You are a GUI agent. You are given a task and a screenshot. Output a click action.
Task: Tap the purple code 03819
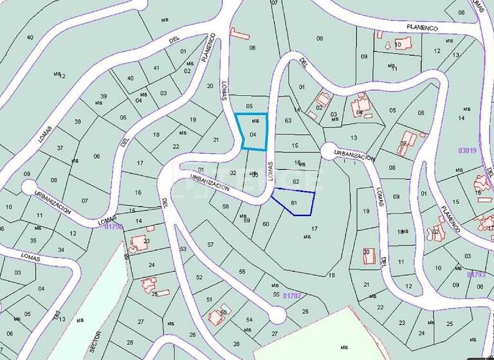[x=467, y=151]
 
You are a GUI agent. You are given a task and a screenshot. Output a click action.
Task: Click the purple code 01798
[x=113, y=226]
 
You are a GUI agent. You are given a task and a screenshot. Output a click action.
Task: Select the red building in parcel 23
[x=138, y=243]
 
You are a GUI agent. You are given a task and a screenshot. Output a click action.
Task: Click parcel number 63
[x=288, y=120]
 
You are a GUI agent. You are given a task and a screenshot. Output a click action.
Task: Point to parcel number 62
[x=296, y=182]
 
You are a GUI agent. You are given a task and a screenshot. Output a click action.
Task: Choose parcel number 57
[x=210, y=245]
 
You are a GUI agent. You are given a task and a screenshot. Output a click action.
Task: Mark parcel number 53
[x=183, y=249]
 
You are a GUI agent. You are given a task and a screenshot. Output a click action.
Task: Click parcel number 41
[x=156, y=67]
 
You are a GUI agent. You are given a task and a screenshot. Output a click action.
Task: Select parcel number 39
[x=103, y=96]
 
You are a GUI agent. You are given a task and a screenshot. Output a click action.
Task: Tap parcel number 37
[x=60, y=148]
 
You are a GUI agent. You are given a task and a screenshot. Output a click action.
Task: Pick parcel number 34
[x=61, y=249]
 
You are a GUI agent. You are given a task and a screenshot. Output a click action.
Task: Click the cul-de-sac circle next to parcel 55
[x=277, y=315]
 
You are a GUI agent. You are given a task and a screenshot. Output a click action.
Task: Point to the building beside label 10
[x=389, y=45]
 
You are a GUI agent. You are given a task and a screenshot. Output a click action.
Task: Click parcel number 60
[x=266, y=224]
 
